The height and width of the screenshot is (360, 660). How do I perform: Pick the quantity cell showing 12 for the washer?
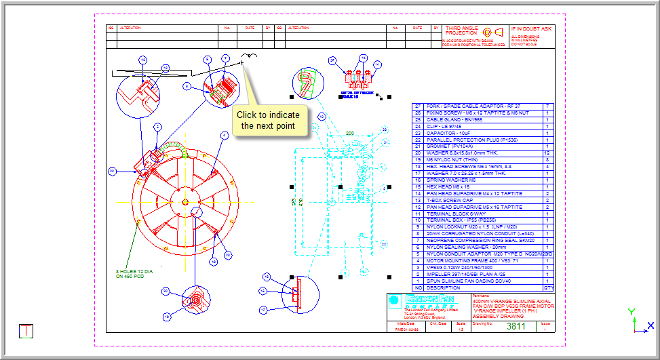547,153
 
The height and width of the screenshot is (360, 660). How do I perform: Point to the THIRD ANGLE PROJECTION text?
462,31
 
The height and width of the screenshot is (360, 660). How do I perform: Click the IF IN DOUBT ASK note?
532,29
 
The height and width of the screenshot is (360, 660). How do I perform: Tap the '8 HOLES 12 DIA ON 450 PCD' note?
134,273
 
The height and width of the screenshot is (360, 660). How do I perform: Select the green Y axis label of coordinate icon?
632,312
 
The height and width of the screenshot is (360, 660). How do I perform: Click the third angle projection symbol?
493,32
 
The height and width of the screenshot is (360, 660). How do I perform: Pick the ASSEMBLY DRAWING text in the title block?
493,315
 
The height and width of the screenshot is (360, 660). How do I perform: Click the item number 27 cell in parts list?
418,106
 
